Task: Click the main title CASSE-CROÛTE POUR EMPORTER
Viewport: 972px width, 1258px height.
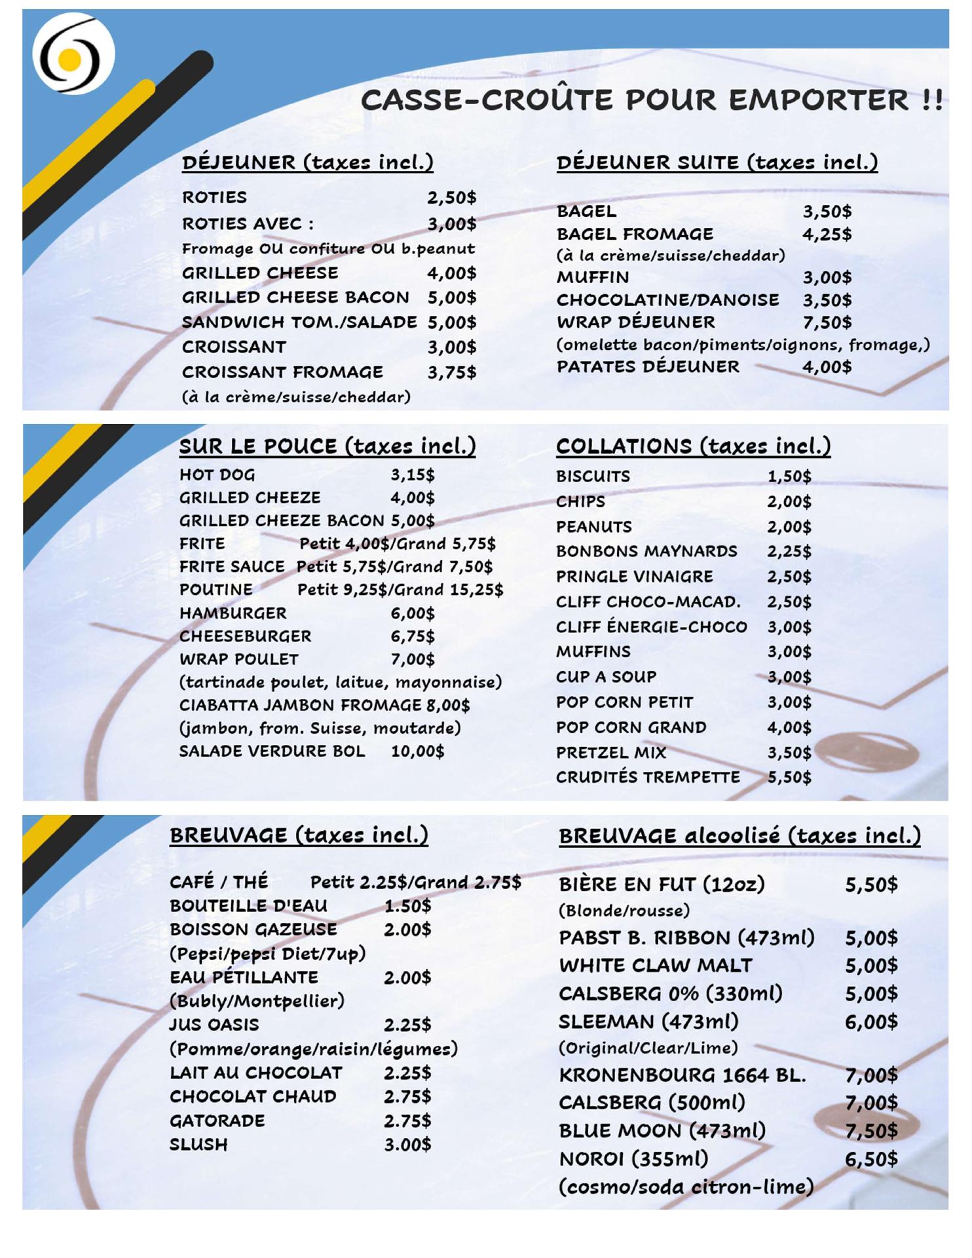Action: click(651, 100)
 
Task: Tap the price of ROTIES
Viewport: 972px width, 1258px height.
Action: click(451, 197)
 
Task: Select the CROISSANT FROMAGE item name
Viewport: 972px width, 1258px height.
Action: click(282, 372)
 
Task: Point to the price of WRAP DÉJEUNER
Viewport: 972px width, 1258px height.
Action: click(827, 322)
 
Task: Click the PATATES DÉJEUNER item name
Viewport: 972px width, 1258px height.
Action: click(648, 366)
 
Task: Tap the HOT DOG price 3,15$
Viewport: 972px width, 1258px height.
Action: click(413, 475)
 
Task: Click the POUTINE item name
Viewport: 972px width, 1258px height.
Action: click(215, 590)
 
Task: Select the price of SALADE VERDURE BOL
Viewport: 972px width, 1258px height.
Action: click(417, 751)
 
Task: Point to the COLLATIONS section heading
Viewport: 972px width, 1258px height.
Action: click(693, 446)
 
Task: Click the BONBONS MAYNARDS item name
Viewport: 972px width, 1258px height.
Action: click(646, 552)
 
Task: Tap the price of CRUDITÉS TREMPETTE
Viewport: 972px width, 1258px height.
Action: click(789, 778)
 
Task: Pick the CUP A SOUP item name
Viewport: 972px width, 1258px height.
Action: click(606, 677)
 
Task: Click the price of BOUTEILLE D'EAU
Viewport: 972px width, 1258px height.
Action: click(407, 906)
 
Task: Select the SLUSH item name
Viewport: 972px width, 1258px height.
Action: click(198, 1145)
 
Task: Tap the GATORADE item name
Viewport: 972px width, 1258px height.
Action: click(217, 1121)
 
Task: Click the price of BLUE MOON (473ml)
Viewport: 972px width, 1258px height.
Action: click(870, 1131)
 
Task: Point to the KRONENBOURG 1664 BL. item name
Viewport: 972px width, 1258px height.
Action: click(682, 1075)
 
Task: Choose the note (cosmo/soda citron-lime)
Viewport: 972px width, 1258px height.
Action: click(686, 1187)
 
